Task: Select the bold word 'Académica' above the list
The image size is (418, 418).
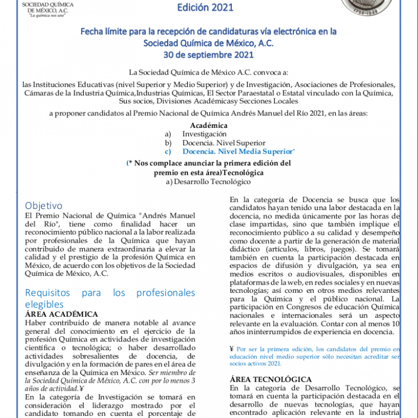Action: tap(208, 125)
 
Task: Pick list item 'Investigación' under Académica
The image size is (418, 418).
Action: tap(204, 134)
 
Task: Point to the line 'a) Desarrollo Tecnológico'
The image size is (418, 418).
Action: tap(208, 182)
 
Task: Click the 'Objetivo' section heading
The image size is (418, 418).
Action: tap(44, 206)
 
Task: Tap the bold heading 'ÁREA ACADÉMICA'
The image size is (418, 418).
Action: tap(62, 314)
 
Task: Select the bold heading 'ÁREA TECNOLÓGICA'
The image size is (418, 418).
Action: tap(271, 379)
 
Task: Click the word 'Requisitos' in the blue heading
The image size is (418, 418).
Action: tap(48, 293)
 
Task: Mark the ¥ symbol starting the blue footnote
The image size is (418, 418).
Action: tap(232, 349)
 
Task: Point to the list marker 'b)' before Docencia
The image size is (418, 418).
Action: tap(168, 143)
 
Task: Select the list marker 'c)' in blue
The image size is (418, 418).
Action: tap(168, 151)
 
